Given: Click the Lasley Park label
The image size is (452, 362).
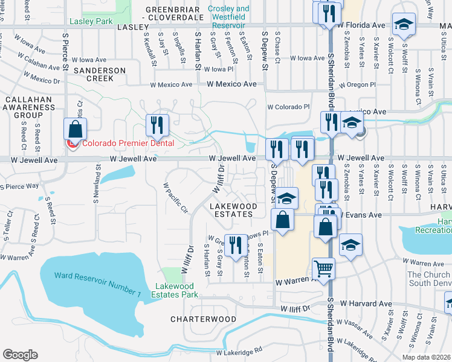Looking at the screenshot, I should (x=91, y=21).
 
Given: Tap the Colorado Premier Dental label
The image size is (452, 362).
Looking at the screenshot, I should (x=128, y=144).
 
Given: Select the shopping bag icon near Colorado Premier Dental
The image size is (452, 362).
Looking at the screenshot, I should (x=76, y=129).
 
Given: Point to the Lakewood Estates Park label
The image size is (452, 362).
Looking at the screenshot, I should (x=176, y=290).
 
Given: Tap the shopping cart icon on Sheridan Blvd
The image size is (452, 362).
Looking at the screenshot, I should (x=324, y=269).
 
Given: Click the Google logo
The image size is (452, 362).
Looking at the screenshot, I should (x=20, y=355).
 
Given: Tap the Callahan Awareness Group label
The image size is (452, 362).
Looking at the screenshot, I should (x=29, y=107).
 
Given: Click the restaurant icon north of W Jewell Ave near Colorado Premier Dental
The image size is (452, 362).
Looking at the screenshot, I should (x=157, y=125).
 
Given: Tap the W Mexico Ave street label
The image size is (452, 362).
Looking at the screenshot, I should (x=231, y=84).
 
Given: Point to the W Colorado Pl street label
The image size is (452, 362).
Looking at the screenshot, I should (x=288, y=107).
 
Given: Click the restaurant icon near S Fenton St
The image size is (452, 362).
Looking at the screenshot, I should (x=236, y=244).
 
